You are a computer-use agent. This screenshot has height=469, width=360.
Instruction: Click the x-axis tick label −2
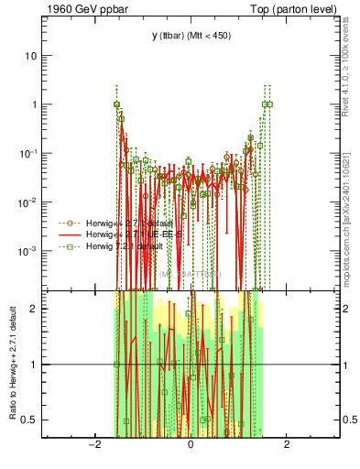pos(93,445)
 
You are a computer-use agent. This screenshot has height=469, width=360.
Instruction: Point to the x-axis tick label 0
pos(191,445)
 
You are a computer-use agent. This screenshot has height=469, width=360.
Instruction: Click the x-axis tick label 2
pos(287,445)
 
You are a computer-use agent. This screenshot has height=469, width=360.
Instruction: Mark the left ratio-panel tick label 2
pos(35,309)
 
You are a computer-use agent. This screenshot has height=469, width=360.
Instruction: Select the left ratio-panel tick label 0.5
pos(31,420)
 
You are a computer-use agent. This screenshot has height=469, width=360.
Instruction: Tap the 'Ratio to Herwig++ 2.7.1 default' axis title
pos(13,364)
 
